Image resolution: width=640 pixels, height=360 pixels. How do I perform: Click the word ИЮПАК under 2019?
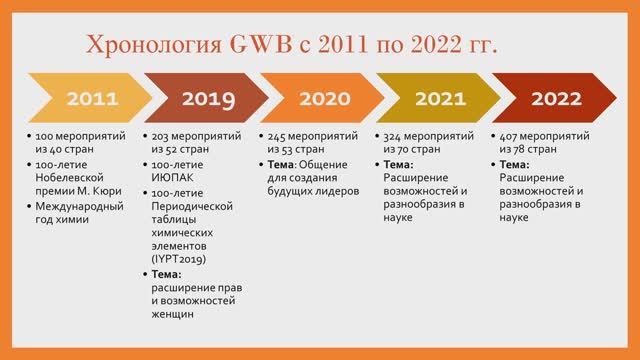click(173, 178)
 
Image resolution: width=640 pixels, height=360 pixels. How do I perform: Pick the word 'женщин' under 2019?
click(173, 315)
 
